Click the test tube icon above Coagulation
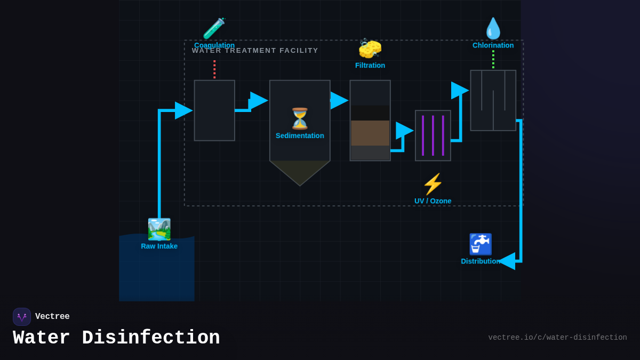(x=214, y=28)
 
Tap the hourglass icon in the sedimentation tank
(x=300, y=118)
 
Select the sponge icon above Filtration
(x=370, y=49)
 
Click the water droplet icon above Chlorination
(x=493, y=29)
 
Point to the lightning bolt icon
(x=433, y=184)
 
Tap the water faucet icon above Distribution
(x=480, y=244)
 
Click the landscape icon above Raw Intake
(x=159, y=229)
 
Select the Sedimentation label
(x=300, y=135)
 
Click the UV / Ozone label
(x=433, y=201)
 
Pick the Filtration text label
(x=370, y=65)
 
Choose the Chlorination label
(x=493, y=45)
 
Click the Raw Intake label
(x=159, y=246)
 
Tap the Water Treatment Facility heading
(x=255, y=51)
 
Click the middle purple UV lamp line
(x=433, y=135)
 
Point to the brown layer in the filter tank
(x=370, y=133)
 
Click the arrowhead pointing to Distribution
(x=507, y=261)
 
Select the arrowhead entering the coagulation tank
(x=183, y=110)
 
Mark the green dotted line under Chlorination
(x=493, y=59)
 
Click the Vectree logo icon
(x=22, y=317)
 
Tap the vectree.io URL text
(x=557, y=338)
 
